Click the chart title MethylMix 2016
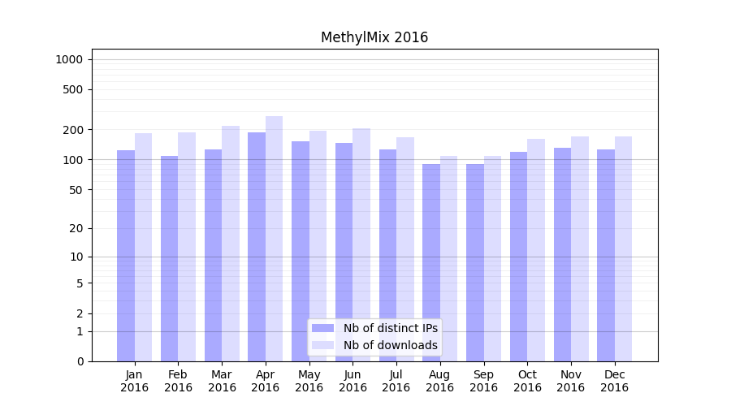click(374, 37)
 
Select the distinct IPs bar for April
click(257, 247)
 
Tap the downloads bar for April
click(274, 239)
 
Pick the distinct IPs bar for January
click(126, 256)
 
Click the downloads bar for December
click(623, 248)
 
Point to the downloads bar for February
click(187, 247)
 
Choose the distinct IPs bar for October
click(518, 257)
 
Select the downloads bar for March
click(231, 244)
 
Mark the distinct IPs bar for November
click(562, 254)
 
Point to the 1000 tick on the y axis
click(69, 59)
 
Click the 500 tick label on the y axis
click(72, 89)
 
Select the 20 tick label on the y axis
click(76, 228)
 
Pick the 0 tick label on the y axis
click(80, 361)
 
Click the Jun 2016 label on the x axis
click(353, 381)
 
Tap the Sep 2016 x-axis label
click(483, 381)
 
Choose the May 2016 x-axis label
click(309, 381)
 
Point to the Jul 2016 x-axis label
click(396, 381)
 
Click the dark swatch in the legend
click(322, 328)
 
